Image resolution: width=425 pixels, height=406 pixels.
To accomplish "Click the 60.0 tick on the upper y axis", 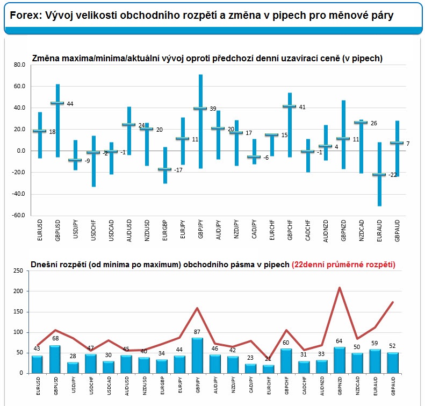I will (19, 86).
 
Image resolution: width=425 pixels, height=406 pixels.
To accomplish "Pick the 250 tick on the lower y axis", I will (18, 271).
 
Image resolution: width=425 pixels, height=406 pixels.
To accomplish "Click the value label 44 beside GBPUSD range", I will (70, 104).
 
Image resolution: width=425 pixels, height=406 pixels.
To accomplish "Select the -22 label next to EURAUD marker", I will (392, 175).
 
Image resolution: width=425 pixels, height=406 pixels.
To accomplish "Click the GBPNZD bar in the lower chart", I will (339, 360).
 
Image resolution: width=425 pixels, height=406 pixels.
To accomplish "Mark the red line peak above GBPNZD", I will (339, 288).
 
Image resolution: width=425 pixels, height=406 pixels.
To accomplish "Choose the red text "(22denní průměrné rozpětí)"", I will (343, 264).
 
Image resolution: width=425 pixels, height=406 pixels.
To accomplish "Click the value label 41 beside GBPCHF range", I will (302, 107).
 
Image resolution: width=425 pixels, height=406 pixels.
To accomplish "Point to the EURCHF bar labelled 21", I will (268, 369).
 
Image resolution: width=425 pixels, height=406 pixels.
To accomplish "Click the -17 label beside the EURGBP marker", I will (178, 170).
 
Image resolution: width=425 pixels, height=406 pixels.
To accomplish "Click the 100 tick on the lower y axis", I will (18, 332).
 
